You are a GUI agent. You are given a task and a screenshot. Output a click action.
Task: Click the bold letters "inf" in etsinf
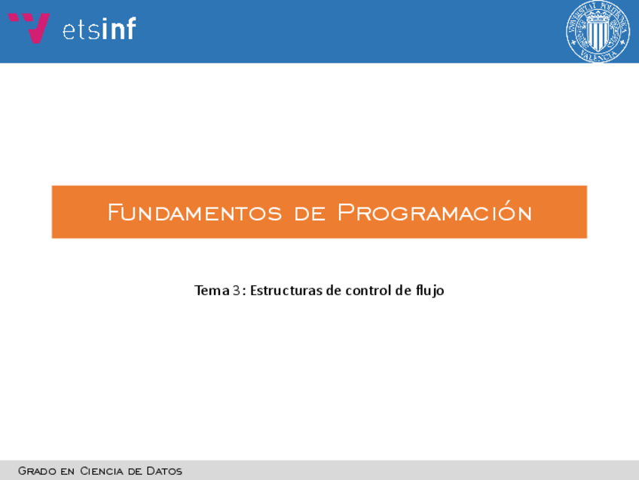[118, 28]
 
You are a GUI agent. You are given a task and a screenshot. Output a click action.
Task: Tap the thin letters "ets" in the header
[81, 31]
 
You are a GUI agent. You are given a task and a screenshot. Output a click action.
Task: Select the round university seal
[598, 32]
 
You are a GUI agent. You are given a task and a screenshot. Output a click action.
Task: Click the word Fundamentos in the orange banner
[195, 212]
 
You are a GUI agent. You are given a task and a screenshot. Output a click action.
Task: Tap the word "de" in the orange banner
[310, 214]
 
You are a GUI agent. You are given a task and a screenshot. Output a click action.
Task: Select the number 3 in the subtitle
[237, 291]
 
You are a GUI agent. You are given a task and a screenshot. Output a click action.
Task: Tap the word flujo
[430, 291]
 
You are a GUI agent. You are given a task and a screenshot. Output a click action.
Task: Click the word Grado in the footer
[37, 471]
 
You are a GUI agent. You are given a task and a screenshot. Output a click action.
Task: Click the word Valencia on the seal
[598, 57]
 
